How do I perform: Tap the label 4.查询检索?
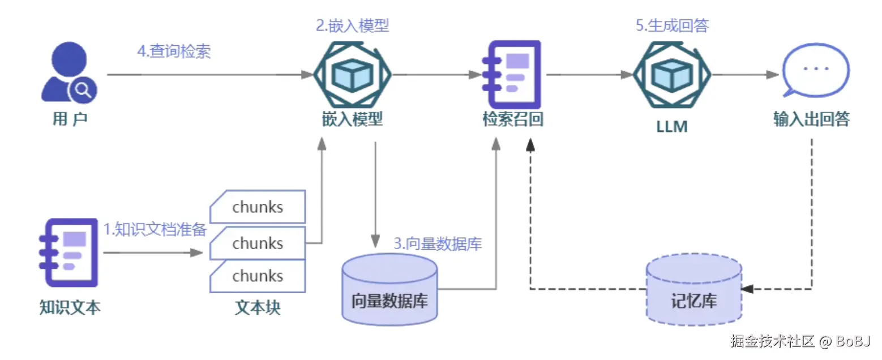pos(174,51)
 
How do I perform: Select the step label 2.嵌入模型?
pos(353,25)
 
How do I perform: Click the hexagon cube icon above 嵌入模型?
pos(353,75)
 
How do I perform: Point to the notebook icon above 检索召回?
pos(512,75)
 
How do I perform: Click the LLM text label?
pos(672,127)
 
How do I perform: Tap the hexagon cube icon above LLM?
pos(672,75)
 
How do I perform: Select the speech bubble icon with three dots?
pos(816,70)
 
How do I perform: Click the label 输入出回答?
pos(811,118)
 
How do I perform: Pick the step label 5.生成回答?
pos(672,25)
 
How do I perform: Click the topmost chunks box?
pos(258,207)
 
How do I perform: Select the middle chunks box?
pos(258,243)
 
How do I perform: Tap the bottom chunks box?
pos(258,276)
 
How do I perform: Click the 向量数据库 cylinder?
pos(390,289)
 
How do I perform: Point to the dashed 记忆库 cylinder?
pos(694,289)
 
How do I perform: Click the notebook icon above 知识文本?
pos(68,252)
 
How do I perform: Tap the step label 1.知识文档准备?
pos(155,229)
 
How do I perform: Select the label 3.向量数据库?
pos(438,244)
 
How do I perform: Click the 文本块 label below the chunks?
pos(258,307)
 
